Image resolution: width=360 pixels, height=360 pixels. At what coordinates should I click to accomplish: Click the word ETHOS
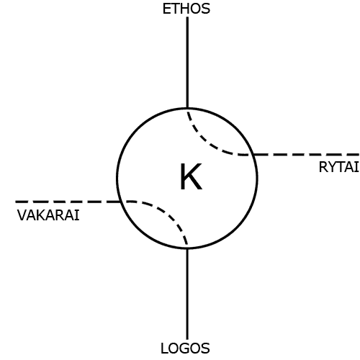click(186, 9)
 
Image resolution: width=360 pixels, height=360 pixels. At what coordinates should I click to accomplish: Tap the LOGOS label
click(185, 348)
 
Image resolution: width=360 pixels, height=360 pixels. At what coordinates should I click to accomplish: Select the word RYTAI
click(339, 167)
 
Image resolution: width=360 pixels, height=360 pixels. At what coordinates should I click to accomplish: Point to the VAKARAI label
click(48, 215)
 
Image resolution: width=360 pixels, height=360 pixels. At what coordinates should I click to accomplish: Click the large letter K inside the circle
click(191, 176)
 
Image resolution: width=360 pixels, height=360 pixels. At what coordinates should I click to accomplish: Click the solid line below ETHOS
click(187, 63)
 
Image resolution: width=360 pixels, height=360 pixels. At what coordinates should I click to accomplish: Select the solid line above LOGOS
click(187, 294)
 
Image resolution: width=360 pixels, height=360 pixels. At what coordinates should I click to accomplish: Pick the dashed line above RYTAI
click(307, 155)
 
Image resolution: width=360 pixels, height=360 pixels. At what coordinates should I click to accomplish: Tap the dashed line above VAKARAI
click(68, 202)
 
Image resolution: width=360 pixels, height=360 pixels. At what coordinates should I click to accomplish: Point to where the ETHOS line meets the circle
click(187, 108)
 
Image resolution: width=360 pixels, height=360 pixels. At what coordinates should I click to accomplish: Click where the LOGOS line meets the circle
click(187, 248)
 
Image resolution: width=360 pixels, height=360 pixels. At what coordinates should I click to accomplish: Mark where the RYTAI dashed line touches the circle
click(254, 155)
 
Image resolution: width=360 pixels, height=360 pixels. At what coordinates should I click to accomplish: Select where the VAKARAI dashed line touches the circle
click(120, 202)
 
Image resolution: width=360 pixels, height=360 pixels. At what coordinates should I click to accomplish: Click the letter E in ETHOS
click(166, 9)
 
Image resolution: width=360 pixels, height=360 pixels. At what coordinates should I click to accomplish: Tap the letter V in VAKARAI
click(22, 215)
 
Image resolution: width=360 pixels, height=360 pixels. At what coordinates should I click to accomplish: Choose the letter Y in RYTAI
click(333, 167)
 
